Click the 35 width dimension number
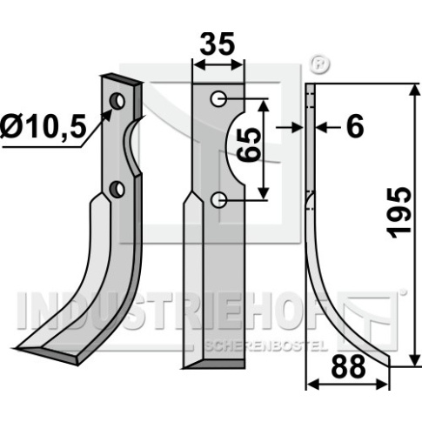(218, 44)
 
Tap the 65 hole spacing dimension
(248, 145)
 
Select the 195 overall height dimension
(400, 213)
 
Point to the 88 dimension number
(348, 367)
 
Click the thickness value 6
(355, 127)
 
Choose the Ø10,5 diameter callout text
(44, 127)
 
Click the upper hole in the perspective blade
(117, 101)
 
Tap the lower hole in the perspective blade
(117, 189)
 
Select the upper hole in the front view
(218, 99)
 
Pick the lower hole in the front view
(218, 200)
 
